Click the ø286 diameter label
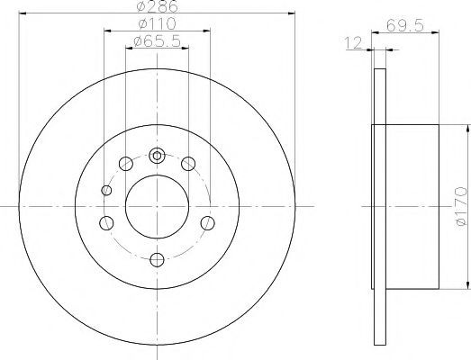pos(158,6)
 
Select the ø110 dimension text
pos(157,23)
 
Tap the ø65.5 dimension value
pos(157,41)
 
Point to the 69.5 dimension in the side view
pos(405,25)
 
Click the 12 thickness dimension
pos(354,43)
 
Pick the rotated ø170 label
pos(461,206)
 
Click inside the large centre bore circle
pos(157,207)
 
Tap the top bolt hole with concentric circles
pos(157,156)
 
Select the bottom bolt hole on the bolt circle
pos(157,260)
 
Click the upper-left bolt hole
pos(126,164)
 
